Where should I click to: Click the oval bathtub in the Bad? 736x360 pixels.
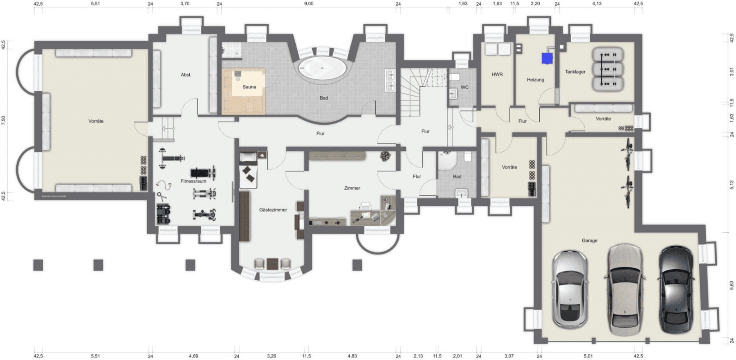(x=323, y=68)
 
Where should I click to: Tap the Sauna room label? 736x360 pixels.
(x=249, y=87)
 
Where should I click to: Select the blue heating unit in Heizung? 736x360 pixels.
(x=547, y=59)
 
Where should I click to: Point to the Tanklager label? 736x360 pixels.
(x=575, y=72)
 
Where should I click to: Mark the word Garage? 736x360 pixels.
(x=589, y=241)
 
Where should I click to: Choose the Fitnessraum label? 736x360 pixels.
(x=193, y=181)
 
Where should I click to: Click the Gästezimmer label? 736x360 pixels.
(x=273, y=210)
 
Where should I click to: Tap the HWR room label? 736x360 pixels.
(x=497, y=74)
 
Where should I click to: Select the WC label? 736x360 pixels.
(x=464, y=87)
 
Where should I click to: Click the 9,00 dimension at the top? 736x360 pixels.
(x=309, y=4)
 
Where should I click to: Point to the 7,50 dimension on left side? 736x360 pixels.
(x=4, y=120)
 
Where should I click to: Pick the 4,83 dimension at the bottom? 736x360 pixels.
(x=352, y=356)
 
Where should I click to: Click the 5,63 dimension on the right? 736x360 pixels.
(x=732, y=285)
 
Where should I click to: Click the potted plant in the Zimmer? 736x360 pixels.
(x=385, y=156)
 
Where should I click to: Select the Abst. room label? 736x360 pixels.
(x=186, y=75)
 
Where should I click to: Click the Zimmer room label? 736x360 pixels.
(x=352, y=188)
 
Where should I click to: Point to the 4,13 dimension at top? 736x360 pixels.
(x=597, y=4)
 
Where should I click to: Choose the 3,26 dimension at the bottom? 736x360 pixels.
(x=272, y=356)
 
